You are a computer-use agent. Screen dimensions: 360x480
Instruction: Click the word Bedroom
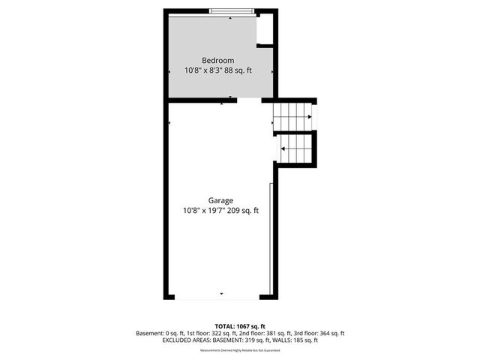coord(218,60)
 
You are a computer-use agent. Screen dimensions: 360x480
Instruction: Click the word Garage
coord(221,200)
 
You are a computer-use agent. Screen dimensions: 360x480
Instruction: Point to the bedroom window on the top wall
coord(231,11)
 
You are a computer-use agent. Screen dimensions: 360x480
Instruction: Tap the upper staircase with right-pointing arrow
coord(293,116)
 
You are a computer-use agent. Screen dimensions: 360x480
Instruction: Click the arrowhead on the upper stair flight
coord(308,117)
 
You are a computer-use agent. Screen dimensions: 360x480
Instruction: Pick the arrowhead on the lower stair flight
coord(283,148)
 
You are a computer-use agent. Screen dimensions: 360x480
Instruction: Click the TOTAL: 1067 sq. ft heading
coord(239,325)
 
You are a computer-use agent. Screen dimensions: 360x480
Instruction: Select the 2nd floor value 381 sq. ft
coord(275,333)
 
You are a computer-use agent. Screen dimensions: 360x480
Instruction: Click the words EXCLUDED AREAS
coord(187,340)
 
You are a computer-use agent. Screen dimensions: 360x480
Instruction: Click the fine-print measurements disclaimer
coord(239,349)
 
